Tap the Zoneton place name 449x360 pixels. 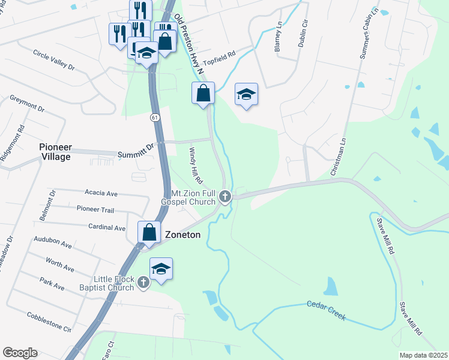pyautogui.click(x=182, y=236)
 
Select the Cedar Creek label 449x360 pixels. pyautogui.click(x=327, y=311)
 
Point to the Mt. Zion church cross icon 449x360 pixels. pyautogui.click(x=225, y=196)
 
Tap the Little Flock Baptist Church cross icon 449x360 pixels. pyautogui.click(x=143, y=282)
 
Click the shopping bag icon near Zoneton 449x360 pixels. pyautogui.click(x=148, y=233)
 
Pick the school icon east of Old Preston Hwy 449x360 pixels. pyautogui.click(x=246, y=94)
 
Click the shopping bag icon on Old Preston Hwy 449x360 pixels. pyautogui.click(x=203, y=93)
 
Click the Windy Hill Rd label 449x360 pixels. pyautogui.click(x=196, y=166)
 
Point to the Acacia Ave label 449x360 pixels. pyautogui.click(x=101, y=194)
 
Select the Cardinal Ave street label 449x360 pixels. pyautogui.click(x=106, y=228)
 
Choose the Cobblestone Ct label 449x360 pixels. pyautogui.click(x=49, y=323)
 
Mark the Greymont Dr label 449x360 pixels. pyautogui.click(x=27, y=104)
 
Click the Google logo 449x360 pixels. pyautogui.click(x=20, y=353)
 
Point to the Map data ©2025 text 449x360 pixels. pyautogui.click(x=423, y=355)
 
